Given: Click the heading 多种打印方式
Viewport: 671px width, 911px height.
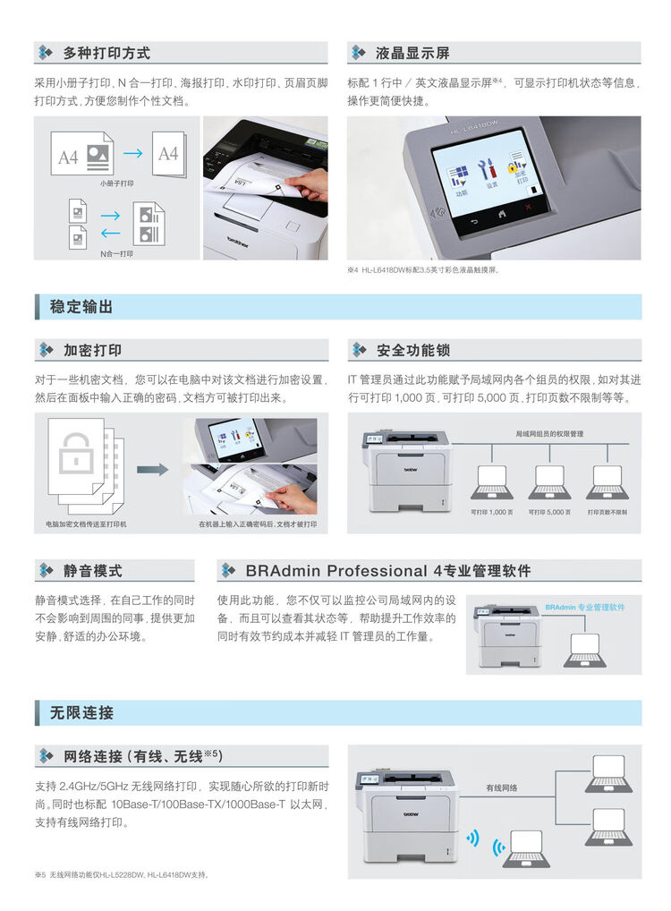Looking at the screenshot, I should click(x=106, y=53).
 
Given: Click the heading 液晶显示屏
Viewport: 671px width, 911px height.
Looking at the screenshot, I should click(x=412, y=53).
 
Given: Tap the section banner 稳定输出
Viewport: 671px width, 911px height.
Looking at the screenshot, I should click(x=81, y=307).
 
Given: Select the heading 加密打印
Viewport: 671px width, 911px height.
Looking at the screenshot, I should click(x=92, y=350).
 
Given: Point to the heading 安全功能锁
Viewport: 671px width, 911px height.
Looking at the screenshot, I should click(x=412, y=350).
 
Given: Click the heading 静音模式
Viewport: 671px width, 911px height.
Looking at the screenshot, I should click(x=92, y=570).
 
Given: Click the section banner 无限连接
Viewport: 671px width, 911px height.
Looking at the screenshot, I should click(x=81, y=713).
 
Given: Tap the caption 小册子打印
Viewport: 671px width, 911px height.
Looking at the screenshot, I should click(x=117, y=183).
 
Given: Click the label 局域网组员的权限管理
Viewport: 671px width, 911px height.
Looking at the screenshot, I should click(x=548, y=433).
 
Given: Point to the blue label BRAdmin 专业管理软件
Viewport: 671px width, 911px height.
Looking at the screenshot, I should click(x=585, y=607).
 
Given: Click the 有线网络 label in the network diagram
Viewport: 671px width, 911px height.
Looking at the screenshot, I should click(x=501, y=788).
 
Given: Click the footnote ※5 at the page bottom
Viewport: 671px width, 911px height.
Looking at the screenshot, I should click(x=122, y=874).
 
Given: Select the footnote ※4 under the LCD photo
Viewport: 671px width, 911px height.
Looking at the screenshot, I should click(x=421, y=269).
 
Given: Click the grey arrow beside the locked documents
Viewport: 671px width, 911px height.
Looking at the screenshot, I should click(x=153, y=468).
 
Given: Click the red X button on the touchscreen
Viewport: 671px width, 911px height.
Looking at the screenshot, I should click(x=528, y=207).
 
